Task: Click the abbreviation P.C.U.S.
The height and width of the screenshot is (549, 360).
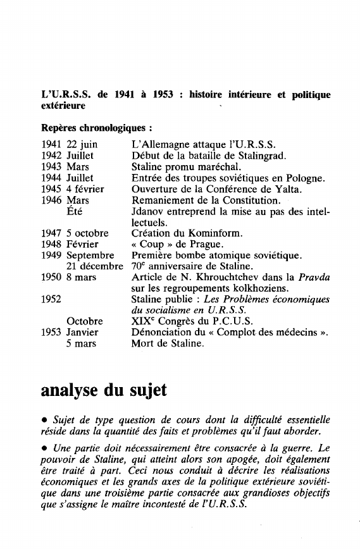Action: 223,321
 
